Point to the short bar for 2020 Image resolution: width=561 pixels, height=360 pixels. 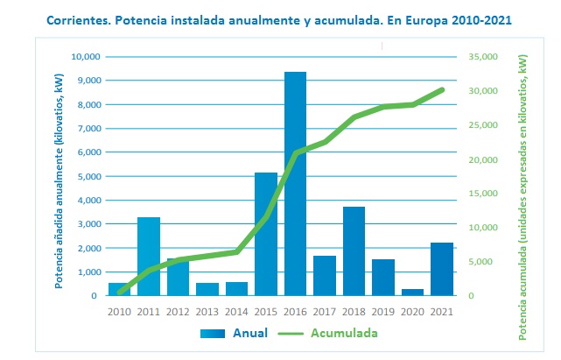pos(412,293)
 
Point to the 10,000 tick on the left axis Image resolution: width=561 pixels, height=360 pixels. pos(86,57)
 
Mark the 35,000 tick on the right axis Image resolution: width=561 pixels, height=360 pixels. pos(483,57)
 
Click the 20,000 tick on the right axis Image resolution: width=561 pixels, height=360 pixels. pos(483,159)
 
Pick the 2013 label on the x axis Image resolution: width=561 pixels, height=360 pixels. pos(207,311)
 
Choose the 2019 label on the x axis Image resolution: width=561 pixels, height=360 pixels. pos(383,311)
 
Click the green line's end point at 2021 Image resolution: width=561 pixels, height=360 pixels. pos(442,89)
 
